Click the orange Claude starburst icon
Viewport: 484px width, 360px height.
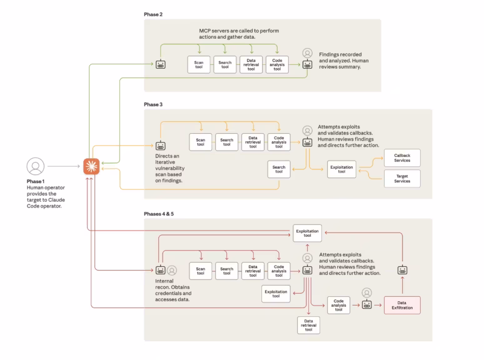pyautogui.click(x=92, y=167)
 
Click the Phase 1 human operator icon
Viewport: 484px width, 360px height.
pyautogui.click(x=35, y=166)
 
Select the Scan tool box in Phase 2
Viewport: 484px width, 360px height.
pyautogui.click(x=199, y=65)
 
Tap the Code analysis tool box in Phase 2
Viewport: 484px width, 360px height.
pyautogui.click(x=277, y=65)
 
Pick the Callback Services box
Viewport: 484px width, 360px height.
pyautogui.click(x=402, y=157)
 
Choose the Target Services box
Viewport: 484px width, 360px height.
pyautogui.click(x=402, y=178)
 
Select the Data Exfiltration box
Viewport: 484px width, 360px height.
pyautogui.click(x=402, y=305)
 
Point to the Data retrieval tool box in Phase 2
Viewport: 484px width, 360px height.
pyautogui.click(x=251, y=65)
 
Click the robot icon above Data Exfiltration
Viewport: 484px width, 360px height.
pyautogui.click(x=402, y=270)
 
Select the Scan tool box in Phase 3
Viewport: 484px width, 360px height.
pyautogui.click(x=200, y=142)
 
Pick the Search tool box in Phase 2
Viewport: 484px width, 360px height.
pyautogui.click(x=224, y=65)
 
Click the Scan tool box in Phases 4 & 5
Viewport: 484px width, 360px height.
pyautogui.click(x=200, y=271)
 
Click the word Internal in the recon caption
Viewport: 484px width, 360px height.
pyautogui.click(x=164, y=281)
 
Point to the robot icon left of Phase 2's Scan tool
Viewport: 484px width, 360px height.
pyautogui.click(x=161, y=64)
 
